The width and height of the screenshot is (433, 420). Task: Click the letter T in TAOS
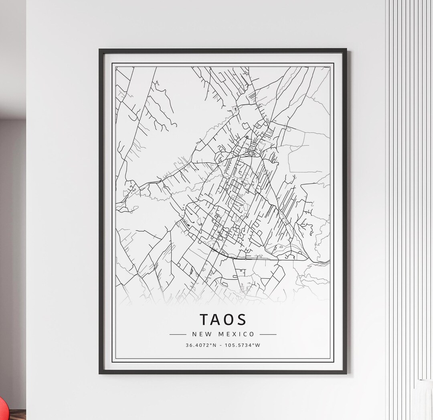204,320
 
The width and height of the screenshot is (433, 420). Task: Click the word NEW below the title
200,334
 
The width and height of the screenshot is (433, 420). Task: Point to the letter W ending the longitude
258,345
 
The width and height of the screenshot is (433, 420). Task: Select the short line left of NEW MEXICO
178,334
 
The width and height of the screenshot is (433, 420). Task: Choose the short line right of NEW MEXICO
268,334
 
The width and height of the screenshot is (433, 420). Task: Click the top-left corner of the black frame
100,50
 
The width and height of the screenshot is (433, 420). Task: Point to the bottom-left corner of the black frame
100,373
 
